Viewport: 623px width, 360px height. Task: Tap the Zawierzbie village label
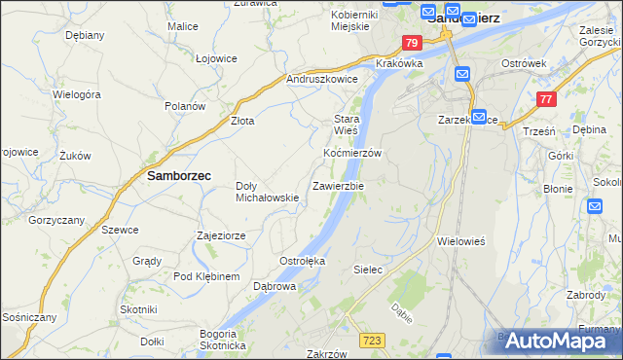338,185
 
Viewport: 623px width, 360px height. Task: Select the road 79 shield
412,43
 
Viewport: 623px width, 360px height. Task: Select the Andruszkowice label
322,79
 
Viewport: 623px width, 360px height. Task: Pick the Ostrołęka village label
302,261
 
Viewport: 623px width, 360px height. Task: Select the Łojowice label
216,58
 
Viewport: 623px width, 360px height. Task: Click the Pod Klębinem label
206,276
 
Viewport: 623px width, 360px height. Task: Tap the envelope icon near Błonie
596,205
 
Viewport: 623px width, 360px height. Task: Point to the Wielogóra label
78,95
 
